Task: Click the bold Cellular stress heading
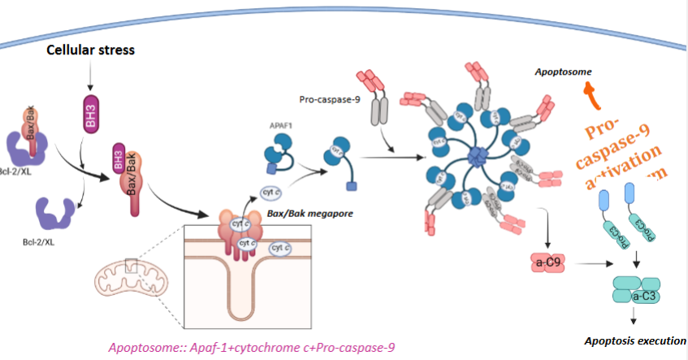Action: click(x=89, y=50)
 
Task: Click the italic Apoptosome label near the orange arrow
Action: click(x=559, y=72)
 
